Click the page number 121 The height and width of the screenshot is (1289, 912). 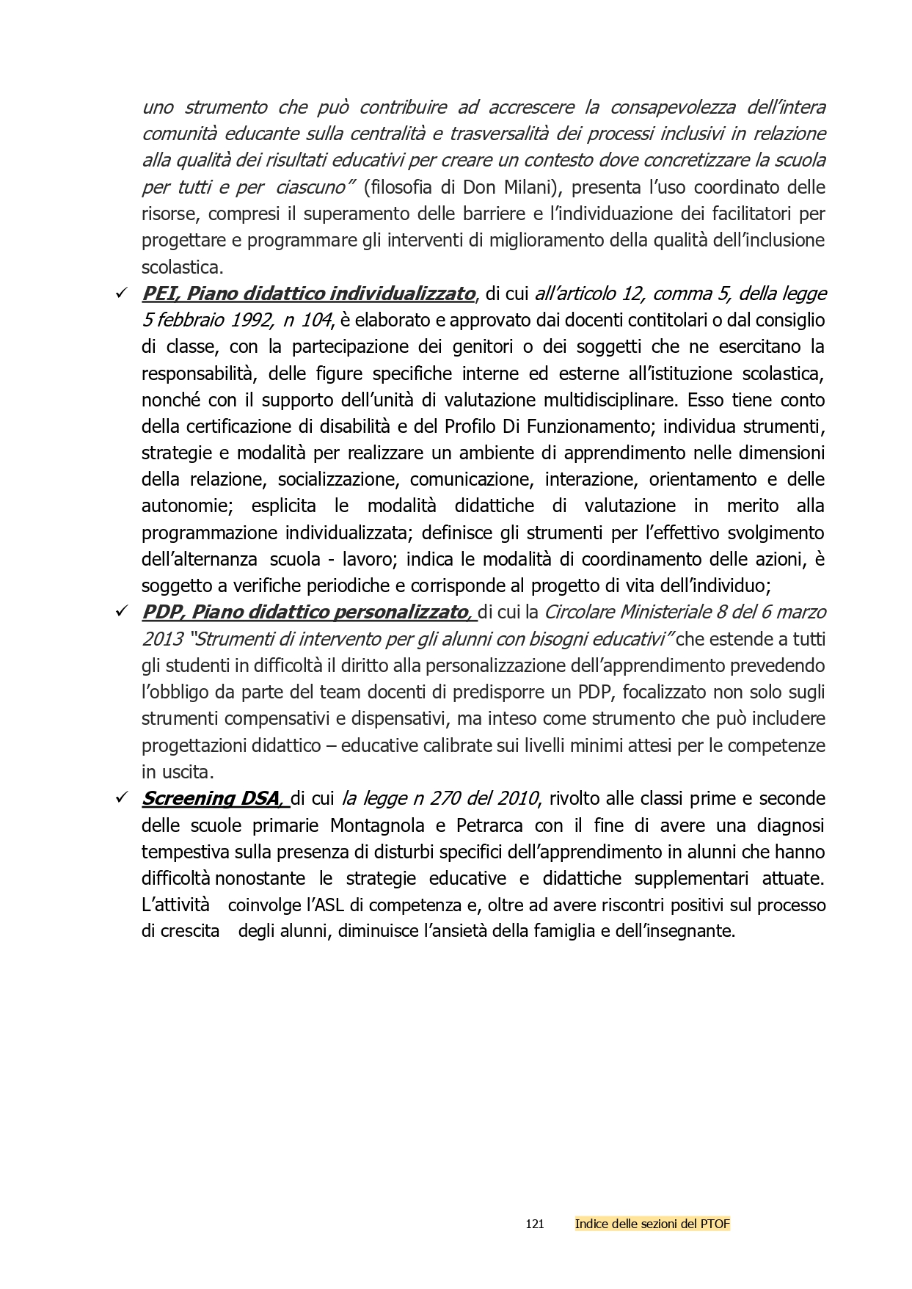coord(535,1224)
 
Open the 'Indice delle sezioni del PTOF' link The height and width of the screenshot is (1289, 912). coord(652,1224)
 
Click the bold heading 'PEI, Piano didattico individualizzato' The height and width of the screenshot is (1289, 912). coord(308,294)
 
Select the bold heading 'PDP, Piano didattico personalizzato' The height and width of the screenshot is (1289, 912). coord(305,612)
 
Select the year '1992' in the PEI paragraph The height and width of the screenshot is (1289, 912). coord(248,321)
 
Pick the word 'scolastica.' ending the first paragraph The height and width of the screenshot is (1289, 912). coord(182,267)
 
